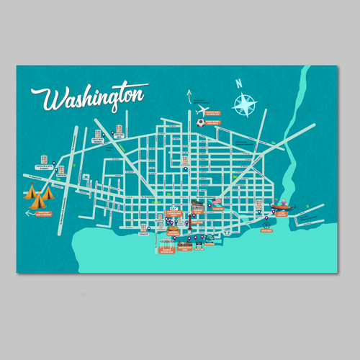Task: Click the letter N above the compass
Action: point(238,84)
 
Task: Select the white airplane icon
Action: point(202,112)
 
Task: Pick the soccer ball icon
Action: point(199,122)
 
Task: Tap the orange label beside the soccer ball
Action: point(214,123)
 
